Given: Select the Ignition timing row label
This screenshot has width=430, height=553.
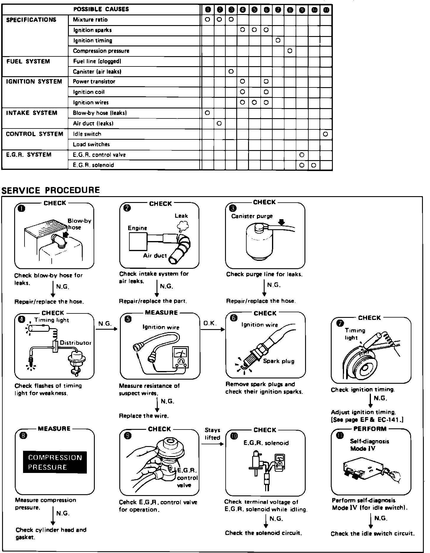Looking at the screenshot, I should [93, 40].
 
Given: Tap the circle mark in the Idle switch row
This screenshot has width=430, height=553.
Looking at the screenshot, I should [325, 134].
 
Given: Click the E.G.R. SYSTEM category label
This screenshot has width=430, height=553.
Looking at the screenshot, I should [29, 155].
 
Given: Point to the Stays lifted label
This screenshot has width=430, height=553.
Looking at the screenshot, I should [212, 434].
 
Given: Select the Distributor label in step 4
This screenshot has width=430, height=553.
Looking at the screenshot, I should [76, 343].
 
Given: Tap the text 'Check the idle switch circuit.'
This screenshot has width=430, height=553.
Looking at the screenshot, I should [373, 534].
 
